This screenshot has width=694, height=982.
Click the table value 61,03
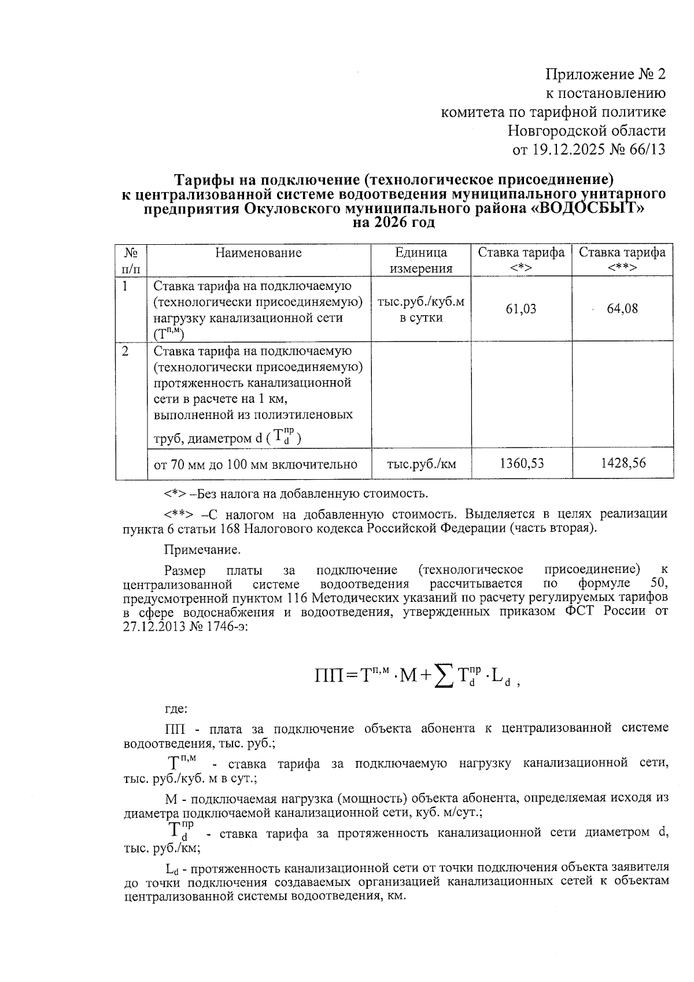tap(521, 309)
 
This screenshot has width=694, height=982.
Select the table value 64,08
tap(622, 308)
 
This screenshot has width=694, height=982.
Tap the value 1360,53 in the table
tap(521, 463)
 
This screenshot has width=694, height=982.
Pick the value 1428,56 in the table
tap(622, 463)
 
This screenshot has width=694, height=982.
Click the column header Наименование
tap(259, 253)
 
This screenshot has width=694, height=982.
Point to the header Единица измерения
tap(421, 260)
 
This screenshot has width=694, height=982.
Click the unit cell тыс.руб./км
tap(421, 464)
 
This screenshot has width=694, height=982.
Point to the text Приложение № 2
tap(606, 75)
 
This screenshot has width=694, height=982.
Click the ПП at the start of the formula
tap(329, 675)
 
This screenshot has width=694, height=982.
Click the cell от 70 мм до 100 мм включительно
tap(255, 464)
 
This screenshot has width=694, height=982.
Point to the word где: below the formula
tap(176, 709)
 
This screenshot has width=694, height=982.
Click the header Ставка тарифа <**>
tap(622, 260)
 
